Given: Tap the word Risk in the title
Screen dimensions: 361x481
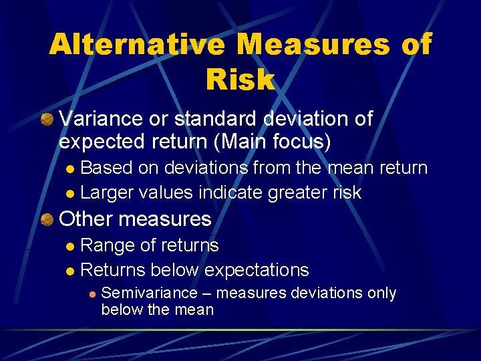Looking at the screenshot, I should (240, 80).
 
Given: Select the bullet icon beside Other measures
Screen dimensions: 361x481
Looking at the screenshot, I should (47, 219).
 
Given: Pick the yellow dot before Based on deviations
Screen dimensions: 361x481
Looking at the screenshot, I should (71, 168).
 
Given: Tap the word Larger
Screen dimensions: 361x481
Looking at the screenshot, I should (107, 193).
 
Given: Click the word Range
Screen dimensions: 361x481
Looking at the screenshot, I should (107, 245).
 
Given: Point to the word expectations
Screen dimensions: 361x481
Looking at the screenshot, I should (257, 270).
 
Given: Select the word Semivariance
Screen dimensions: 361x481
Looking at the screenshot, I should (149, 293).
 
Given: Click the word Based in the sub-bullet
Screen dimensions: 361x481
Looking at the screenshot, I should (106, 167).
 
